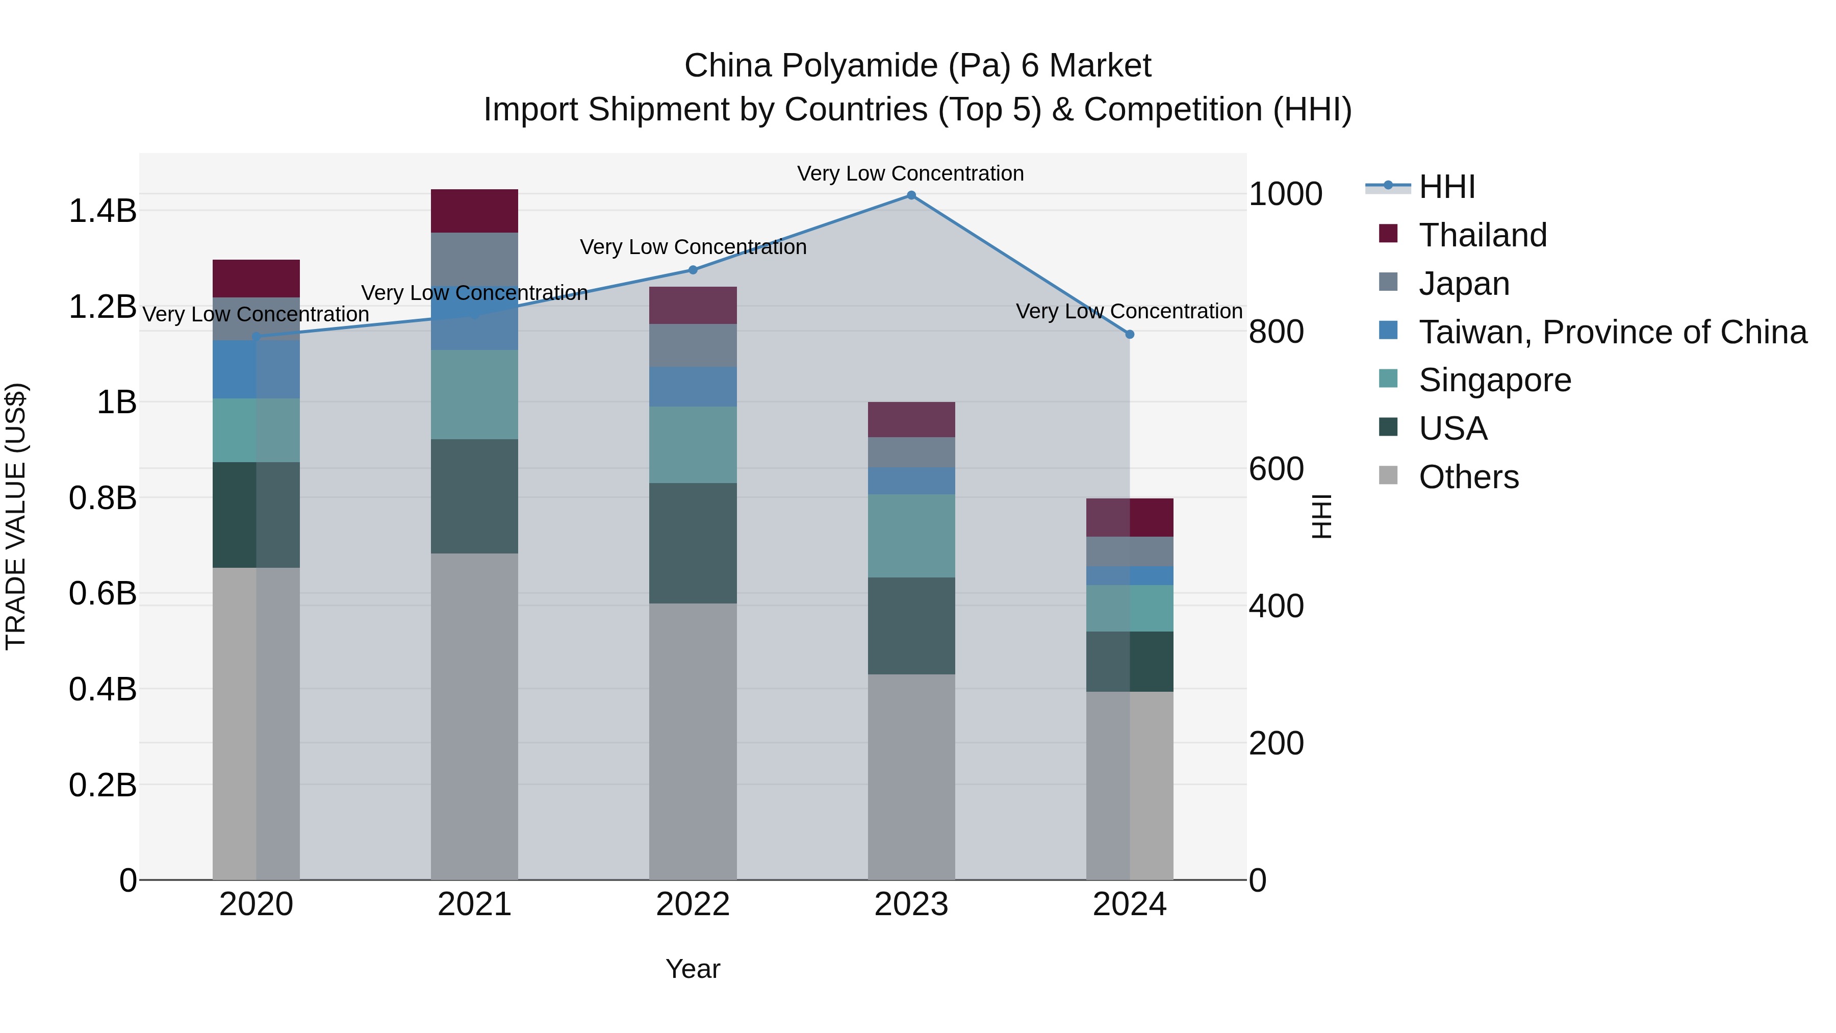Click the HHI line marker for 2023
click(x=911, y=195)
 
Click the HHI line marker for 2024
click(x=1129, y=334)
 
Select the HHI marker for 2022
click(x=693, y=270)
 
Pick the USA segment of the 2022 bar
click(x=693, y=543)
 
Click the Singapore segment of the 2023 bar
click(x=911, y=536)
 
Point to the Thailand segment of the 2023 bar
click(x=911, y=420)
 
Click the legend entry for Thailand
click(x=1483, y=235)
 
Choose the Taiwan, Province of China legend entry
click(x=1612, y=332)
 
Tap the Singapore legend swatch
click(x=1388, y=379)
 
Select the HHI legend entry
click(x=1447, y=187)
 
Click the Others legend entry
click(x=1468, y=477)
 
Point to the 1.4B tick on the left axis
click(x=103, y=211)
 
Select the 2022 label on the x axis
click(x=693, y=904)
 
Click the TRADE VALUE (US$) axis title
click(x=16, y=516)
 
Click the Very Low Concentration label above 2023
click(x=910, y=174)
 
